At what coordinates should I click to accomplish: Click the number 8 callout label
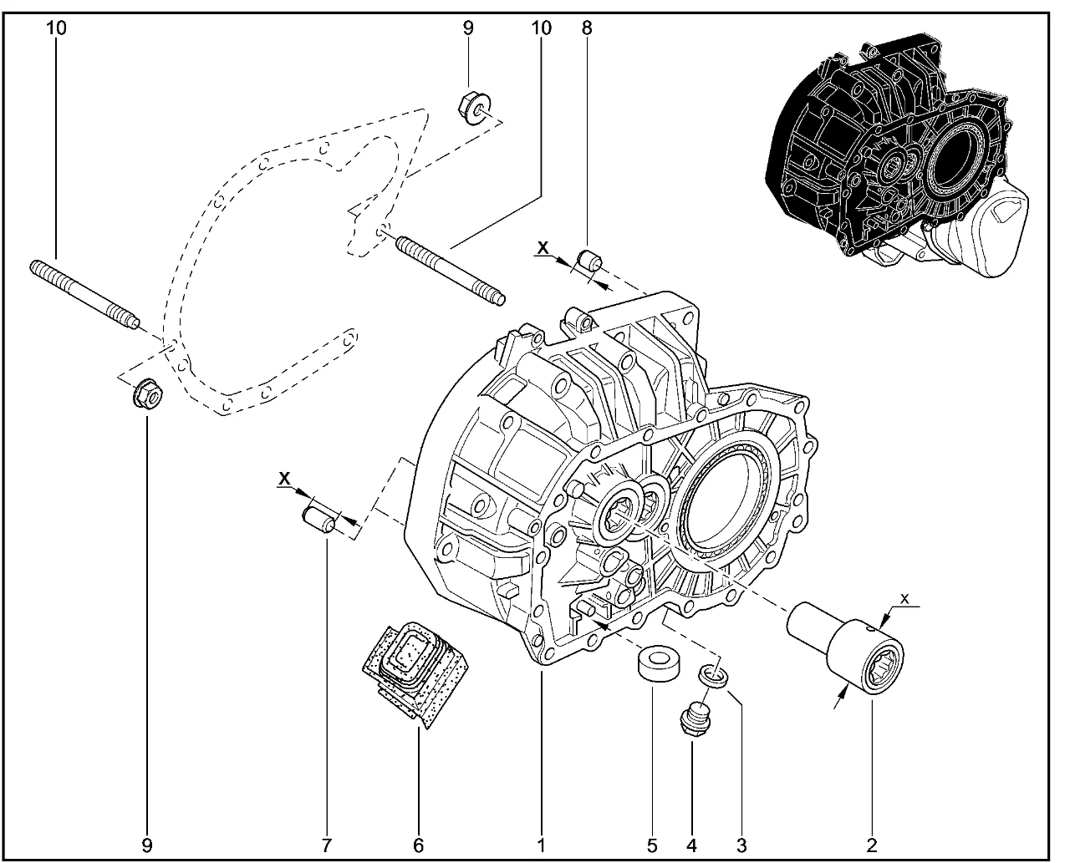(587, 28)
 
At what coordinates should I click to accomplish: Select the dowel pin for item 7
(318, 516)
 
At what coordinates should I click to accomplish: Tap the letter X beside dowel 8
(543, 247)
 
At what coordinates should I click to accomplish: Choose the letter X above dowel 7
(285, 478)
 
